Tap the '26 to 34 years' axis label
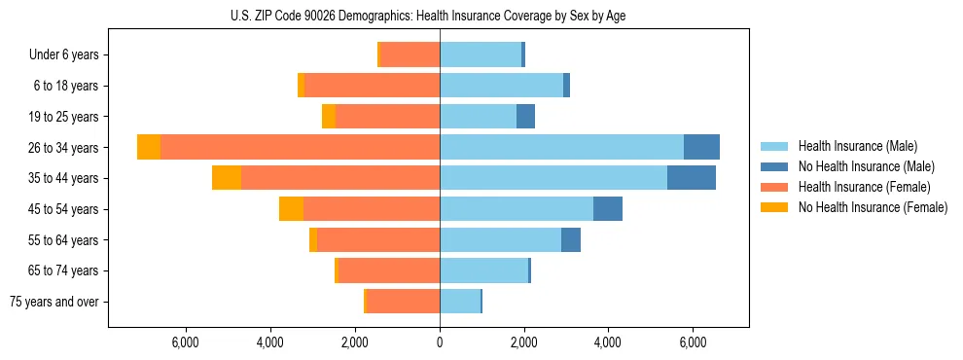63,148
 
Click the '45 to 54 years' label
63,209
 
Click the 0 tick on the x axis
440,342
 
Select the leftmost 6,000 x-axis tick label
186,342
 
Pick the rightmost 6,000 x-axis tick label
693,342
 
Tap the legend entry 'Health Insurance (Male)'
857,146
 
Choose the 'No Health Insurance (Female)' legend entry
873,207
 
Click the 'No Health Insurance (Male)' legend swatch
774,166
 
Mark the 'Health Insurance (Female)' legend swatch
774,187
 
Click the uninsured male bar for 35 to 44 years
692,178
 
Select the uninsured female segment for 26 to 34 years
149,147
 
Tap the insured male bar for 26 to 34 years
561,147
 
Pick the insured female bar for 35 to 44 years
340,178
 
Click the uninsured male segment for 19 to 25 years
525,117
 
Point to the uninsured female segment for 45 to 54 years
291,209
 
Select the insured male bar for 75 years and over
460,302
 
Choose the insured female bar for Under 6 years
410,55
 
